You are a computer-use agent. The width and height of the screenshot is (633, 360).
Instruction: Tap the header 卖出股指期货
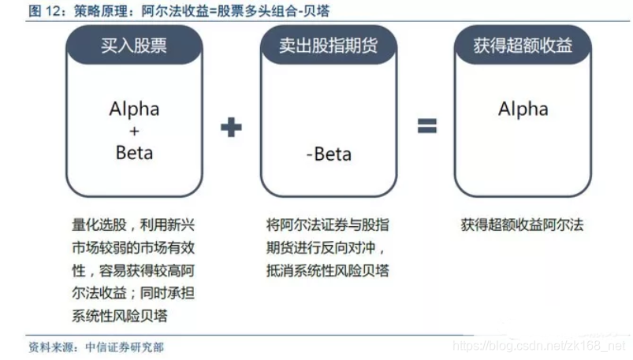tap(328, 46)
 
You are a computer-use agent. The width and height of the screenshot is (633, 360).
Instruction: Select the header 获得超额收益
tap(523, 46)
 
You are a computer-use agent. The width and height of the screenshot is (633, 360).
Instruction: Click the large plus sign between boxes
tap(231, 127)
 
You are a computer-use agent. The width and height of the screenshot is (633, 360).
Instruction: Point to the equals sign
tap(426, 126)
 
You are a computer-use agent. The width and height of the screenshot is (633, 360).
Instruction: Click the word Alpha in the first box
tap(134, 109)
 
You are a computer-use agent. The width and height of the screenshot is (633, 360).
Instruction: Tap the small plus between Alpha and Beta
tap(134, 132)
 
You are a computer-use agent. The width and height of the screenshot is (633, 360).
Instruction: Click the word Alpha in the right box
tap(523, 109)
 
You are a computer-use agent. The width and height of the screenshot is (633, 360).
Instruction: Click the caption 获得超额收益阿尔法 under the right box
tap(522, 225)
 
